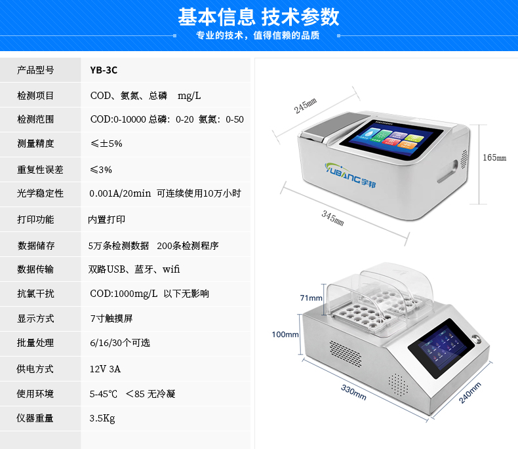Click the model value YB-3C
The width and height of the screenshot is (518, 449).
pyautogui.click(x=104, y=70)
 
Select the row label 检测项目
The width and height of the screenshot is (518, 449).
pyautogui.click(x=35, y=96)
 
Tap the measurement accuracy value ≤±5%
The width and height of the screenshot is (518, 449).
pyautogui.click(x=106, y=144)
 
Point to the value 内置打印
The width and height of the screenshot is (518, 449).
pyautogui.click(x=107, y=220)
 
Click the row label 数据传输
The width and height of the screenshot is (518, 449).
pyautogui.click(x=35, y=269)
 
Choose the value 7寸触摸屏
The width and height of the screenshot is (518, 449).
pyautogui.click(x=111, y=319)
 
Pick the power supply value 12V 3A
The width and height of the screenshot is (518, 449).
pyautogui.click(x=105, y=369)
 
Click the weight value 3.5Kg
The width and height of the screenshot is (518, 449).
pyautogui.click(x=102, y=419)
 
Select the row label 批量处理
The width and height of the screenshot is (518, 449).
pyautogui.click(x=35, y=343)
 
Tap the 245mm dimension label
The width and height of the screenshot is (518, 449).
pyautogui.click(x=306, y=106)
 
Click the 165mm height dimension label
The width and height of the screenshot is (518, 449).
pyautogui.click(x=494, y=157)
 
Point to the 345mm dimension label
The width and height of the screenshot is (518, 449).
pyautogui.click(x=332, y=218)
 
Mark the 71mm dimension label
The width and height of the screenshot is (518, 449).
pyautogui.click(x=311, y=298)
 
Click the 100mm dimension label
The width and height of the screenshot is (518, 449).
pyautogui.click(x=285, y=334)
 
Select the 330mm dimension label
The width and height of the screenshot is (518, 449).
pyautogui.click(x=354, y=392)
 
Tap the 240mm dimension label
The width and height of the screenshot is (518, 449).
pyautogui.click(x=470, y=393)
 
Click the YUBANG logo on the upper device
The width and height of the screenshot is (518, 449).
pyautogui.click(x=350, y=174)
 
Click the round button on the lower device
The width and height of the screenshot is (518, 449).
pyautogui.click(x=476, y=338)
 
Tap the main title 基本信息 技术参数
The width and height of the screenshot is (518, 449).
pyautogui.click(x=258, y=17)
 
